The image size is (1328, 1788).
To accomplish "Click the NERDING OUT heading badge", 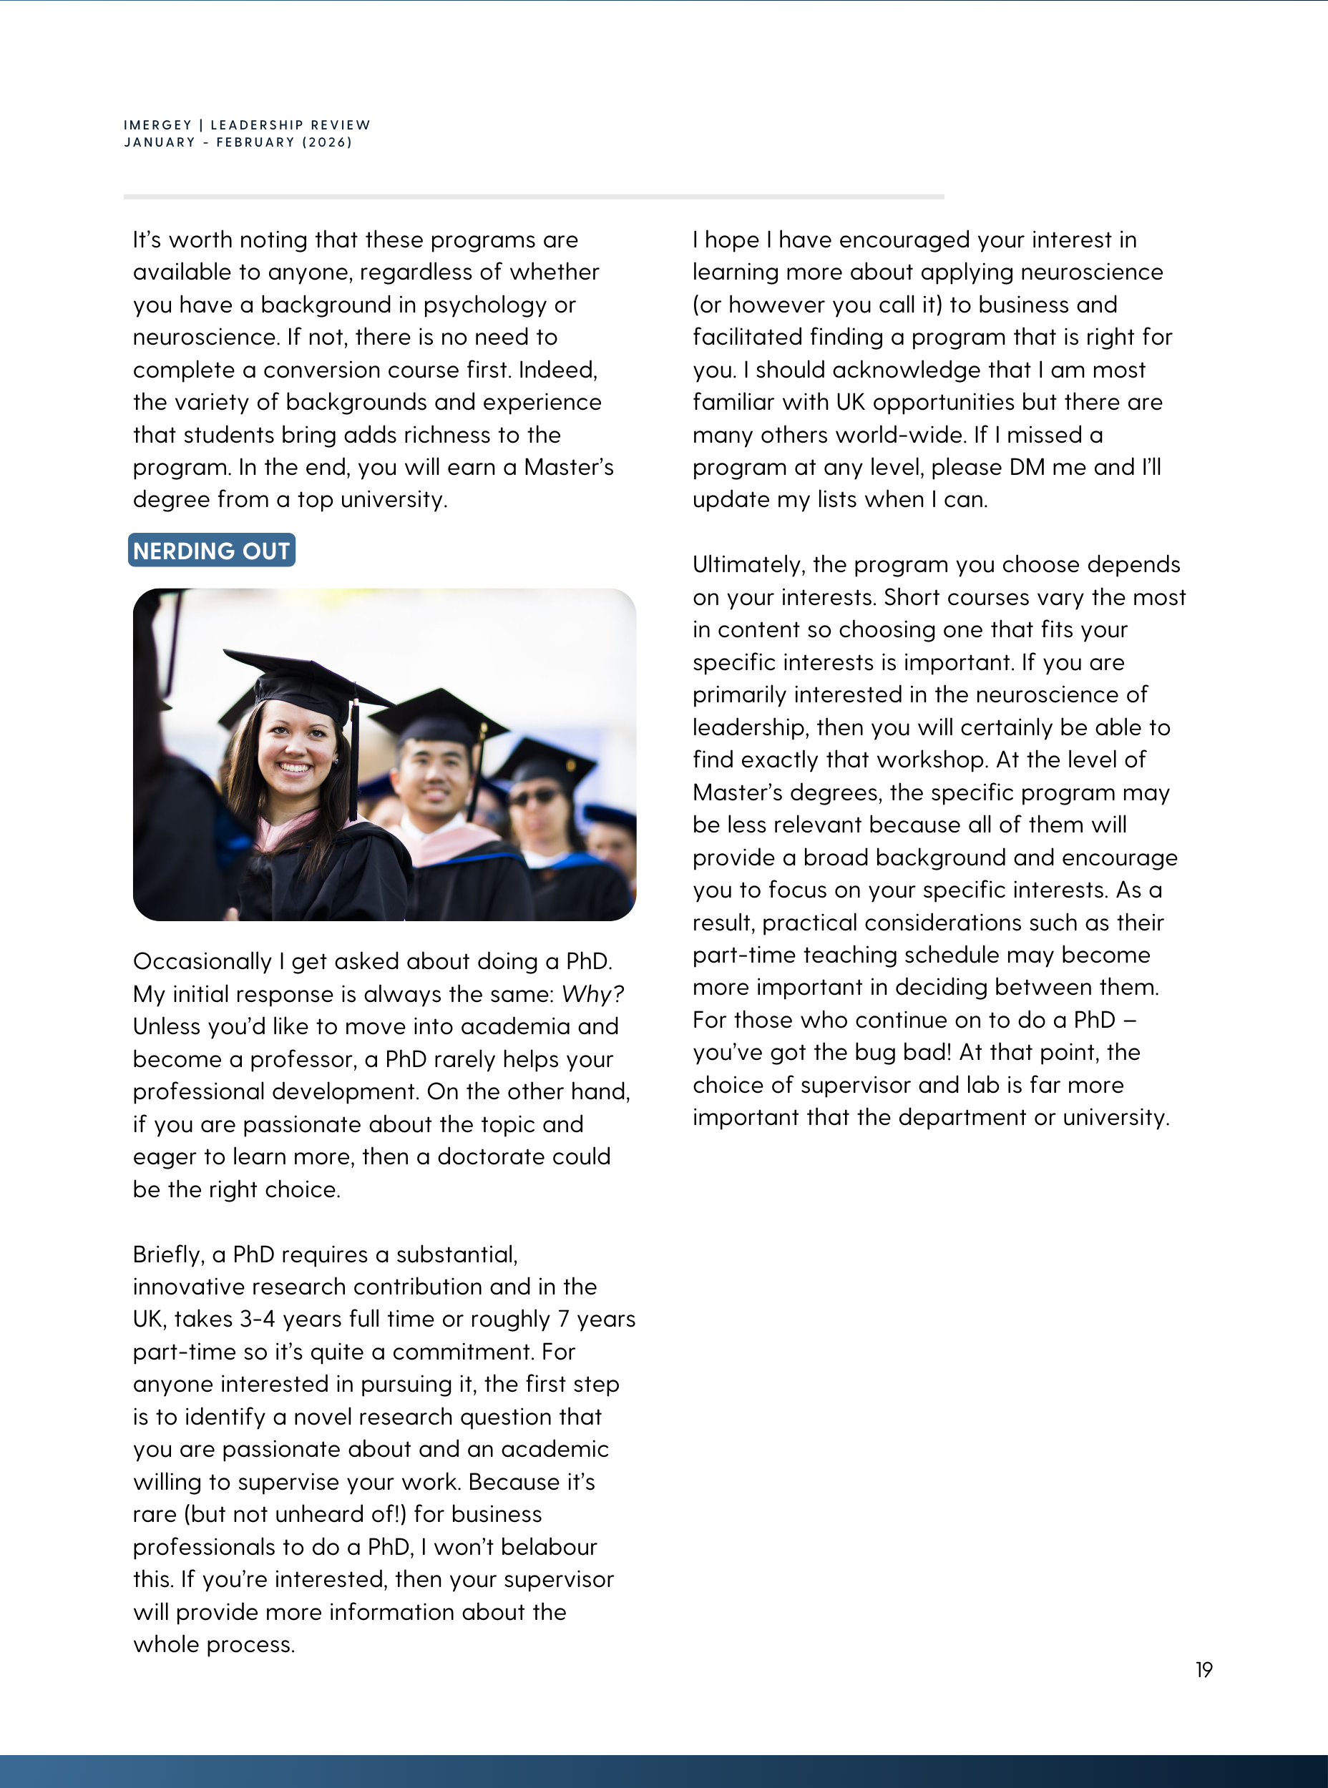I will (x=211, y=551).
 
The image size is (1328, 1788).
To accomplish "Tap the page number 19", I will (x=1203, y=1670).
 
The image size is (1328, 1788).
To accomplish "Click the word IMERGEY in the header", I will (x=157, y=125).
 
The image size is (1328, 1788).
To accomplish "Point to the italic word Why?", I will (x=592, y=994).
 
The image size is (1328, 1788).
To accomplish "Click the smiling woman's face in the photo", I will (x=296, y=745).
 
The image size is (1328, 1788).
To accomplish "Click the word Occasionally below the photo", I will (x=202, y=962).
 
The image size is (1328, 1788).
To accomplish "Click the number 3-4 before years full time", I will (x=258, y=1320).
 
